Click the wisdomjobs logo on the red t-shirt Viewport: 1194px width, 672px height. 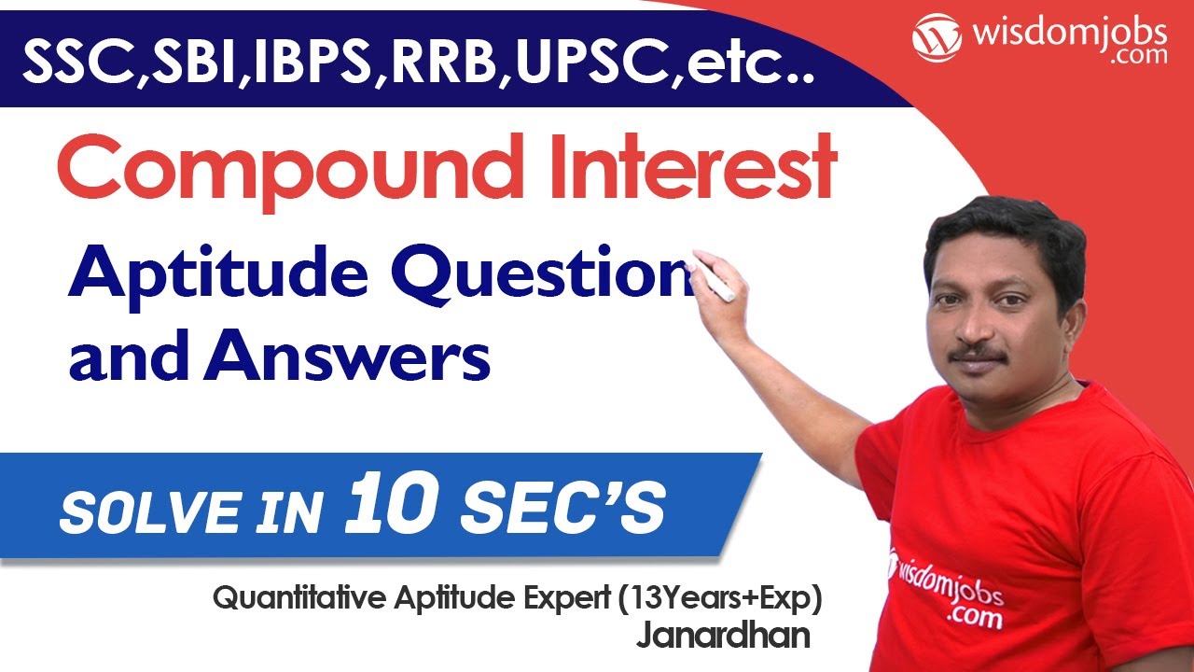point(942,584)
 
